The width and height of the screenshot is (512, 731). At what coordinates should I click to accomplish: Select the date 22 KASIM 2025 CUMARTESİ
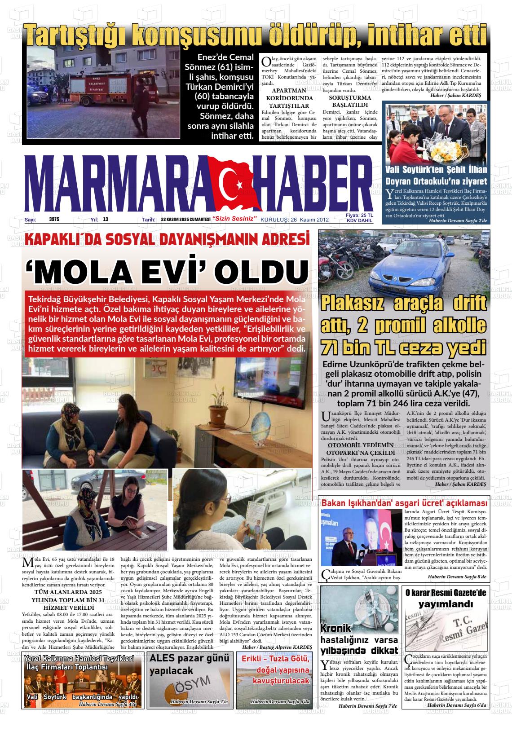(x=186, y=220)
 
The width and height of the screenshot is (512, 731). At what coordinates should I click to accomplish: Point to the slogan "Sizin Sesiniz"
(x=235, y=219)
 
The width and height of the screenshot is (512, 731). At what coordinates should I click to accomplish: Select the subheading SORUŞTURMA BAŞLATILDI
(x=350, y=101)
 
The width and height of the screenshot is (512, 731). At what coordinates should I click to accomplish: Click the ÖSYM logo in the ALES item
(x=185, y=687)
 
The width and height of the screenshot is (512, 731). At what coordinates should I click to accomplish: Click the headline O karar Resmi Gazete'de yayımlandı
(x=446, y=598)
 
